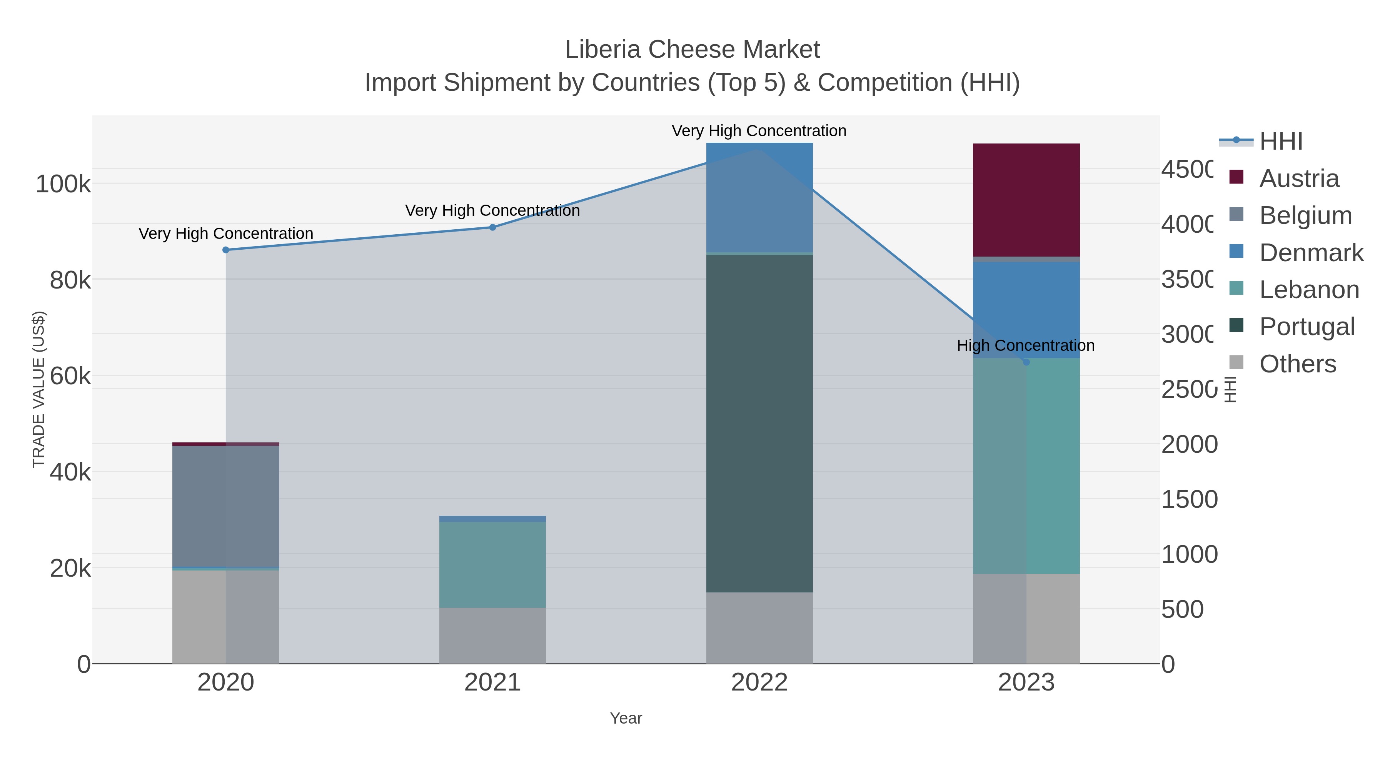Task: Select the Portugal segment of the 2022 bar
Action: (759, 423)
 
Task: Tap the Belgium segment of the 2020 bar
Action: (225, 506)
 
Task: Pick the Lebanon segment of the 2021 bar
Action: (492, 564)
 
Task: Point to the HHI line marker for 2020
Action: (226, 250)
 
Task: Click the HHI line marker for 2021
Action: (492, 227)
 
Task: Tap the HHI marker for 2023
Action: (1026, 362)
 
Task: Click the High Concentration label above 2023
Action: (1025, 346)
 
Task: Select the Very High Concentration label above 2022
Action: (759, 131)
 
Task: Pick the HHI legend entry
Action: (1280, 142)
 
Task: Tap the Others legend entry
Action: (1297, 364)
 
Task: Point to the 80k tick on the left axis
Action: (70, 280)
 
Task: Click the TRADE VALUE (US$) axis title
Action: (39, 389)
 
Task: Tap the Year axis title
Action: (626, 718)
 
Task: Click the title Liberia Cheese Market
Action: (692, 50)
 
